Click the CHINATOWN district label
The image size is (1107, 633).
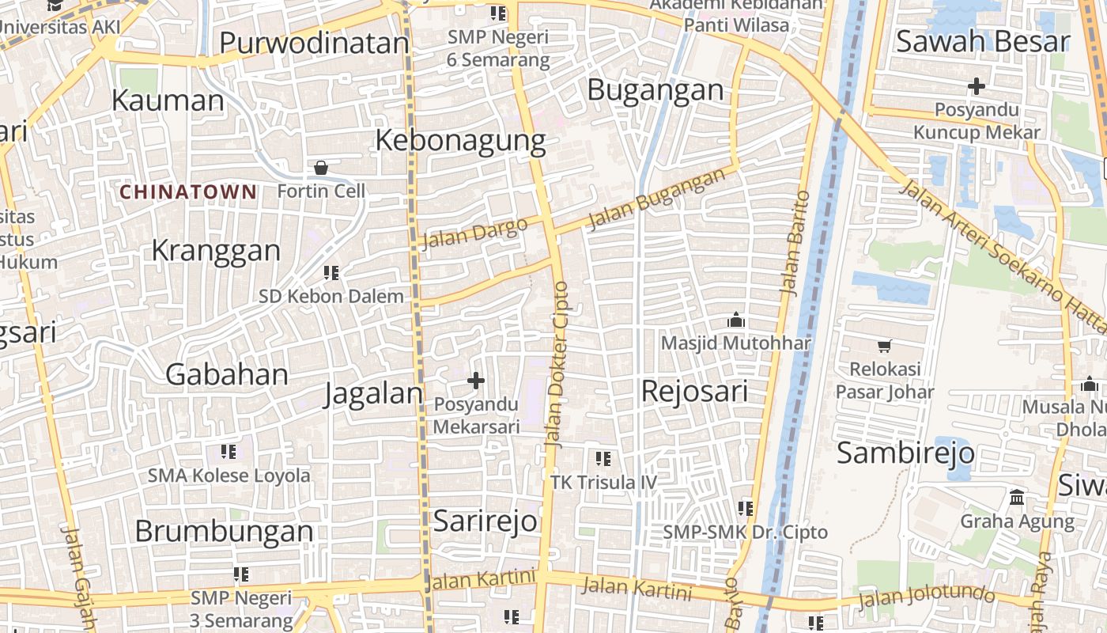188,191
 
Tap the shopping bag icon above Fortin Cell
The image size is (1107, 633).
321,168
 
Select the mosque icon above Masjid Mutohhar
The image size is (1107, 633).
736,320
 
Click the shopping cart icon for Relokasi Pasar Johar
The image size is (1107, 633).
885,346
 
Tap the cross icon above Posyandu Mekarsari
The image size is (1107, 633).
476,381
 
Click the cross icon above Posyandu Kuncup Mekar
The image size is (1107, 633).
977,85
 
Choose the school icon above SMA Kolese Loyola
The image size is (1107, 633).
229,452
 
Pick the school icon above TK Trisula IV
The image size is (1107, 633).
603,459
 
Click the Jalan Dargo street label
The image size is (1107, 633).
474,233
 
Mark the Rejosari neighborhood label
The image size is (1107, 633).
694,391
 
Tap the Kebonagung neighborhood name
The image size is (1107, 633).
460,140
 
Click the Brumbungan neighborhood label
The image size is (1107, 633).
224,531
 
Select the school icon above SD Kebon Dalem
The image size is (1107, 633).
331,273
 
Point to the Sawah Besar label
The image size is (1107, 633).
983,42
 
